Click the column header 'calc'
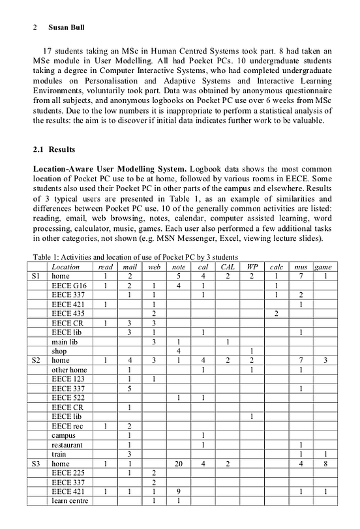[276, 267]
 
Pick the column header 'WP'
[252, 267]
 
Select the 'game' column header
[322, 267]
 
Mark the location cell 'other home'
[69, 370]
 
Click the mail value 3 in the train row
[130, 454]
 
